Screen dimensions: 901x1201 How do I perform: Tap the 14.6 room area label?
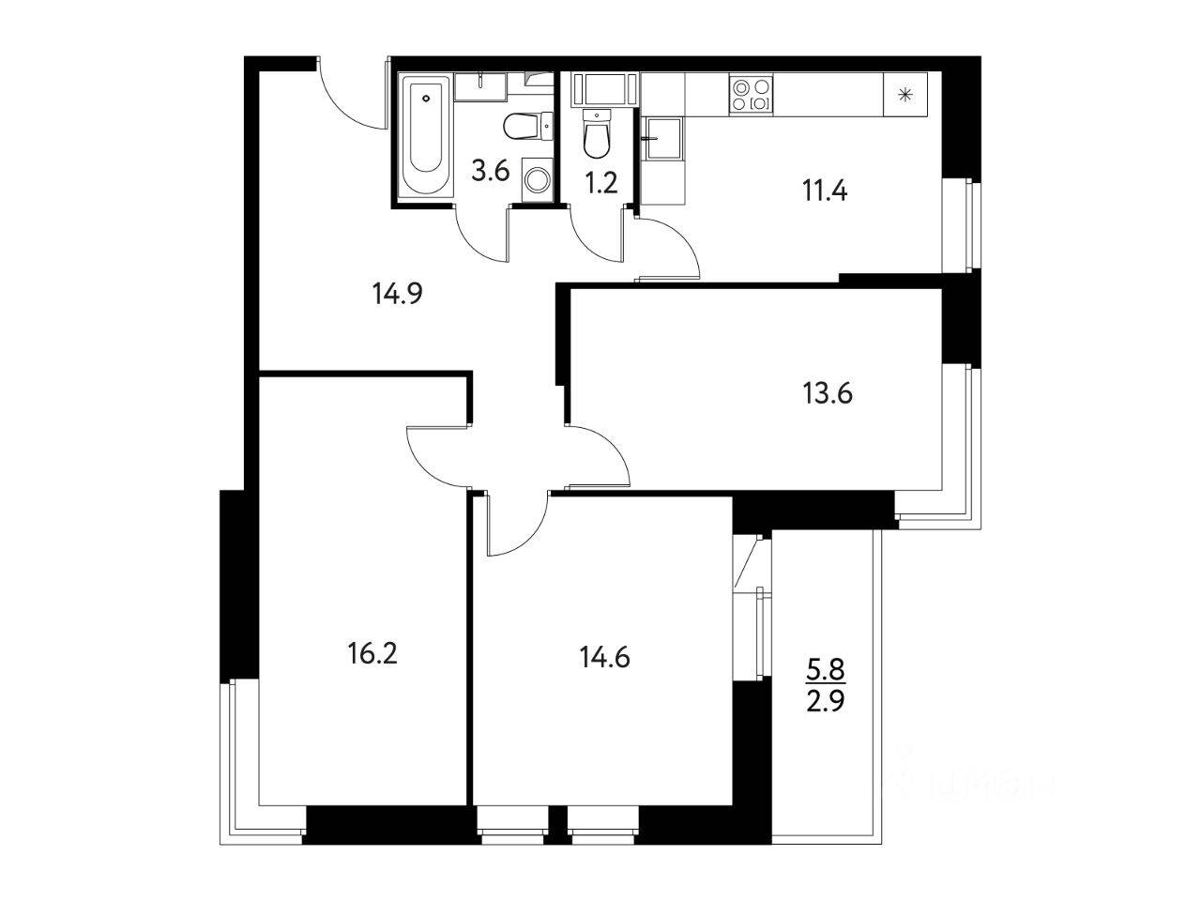[604, 656]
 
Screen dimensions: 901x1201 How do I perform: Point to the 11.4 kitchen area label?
[826, 191]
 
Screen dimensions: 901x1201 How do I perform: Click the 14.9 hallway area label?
[398, 295]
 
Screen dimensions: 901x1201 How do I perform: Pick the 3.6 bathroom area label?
[490, 172]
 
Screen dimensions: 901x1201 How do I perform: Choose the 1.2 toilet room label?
[600, 182]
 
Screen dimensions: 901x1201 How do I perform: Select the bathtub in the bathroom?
[427, 136]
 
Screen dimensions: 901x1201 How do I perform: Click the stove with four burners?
[752, 94]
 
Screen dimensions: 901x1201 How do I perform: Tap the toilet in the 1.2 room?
[596, 135]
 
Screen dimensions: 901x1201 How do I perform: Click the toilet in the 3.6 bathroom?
[522, 124]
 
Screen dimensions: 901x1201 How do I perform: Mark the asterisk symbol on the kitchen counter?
[905, 94]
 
